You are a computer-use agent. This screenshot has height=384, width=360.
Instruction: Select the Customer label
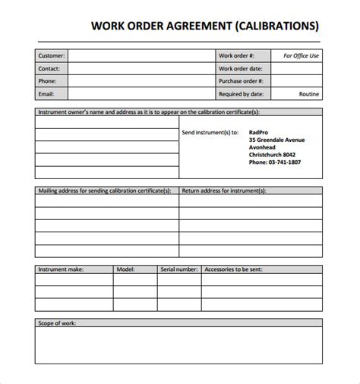[51, 55]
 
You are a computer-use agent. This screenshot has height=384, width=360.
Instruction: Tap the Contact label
[49, 68]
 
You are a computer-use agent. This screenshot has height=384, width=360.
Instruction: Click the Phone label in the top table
[48, 81]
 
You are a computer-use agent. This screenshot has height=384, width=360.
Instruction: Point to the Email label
[47, 94]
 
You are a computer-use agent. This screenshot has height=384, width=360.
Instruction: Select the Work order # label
[235, 55]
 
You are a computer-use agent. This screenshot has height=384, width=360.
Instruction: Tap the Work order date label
[240, 68]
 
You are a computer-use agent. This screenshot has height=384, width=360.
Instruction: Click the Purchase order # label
[242, 81]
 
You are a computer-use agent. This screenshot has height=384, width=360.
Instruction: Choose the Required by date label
[242, 94]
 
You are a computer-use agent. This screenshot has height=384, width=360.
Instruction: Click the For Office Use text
[301, 55]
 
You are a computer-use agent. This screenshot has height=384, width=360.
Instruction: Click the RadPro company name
[259, 131]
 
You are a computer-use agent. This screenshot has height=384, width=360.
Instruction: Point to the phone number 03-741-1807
[274, 162]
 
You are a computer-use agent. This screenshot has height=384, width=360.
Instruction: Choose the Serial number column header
[179, 269]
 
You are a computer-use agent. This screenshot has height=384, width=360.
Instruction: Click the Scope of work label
[58, 323]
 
